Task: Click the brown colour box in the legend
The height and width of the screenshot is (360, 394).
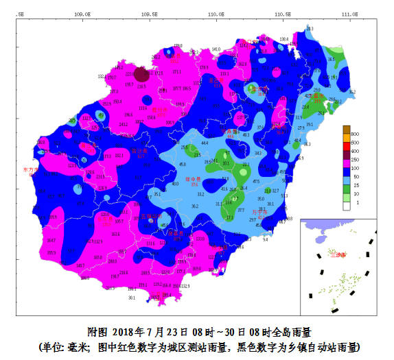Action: click(x=347, y=130)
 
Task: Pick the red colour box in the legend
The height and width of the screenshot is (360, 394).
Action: click(x=347, y=150)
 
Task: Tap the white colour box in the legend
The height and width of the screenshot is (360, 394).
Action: click(x=347, y=204)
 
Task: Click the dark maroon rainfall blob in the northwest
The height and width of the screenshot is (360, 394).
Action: click(x=141, y=74)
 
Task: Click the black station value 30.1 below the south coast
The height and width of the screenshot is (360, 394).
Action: click(x=131, y=298)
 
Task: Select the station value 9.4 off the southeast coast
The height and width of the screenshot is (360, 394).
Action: click(x=265, y=240)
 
